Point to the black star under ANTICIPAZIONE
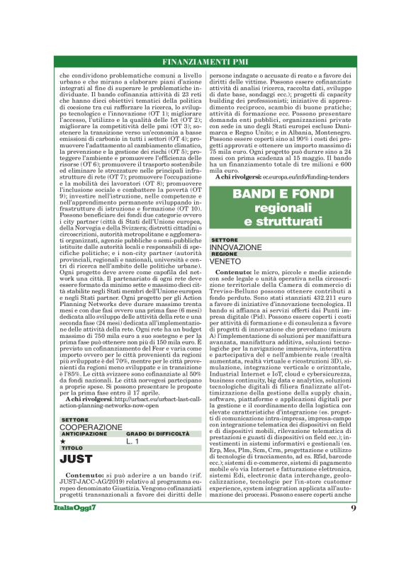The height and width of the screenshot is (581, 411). [63, 441]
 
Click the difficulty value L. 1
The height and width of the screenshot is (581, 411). [133, 441]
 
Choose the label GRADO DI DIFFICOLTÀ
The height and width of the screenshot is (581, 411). [153, 434]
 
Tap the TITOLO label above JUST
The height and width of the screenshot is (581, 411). [72, 448]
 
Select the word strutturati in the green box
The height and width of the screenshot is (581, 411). [289, 222]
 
